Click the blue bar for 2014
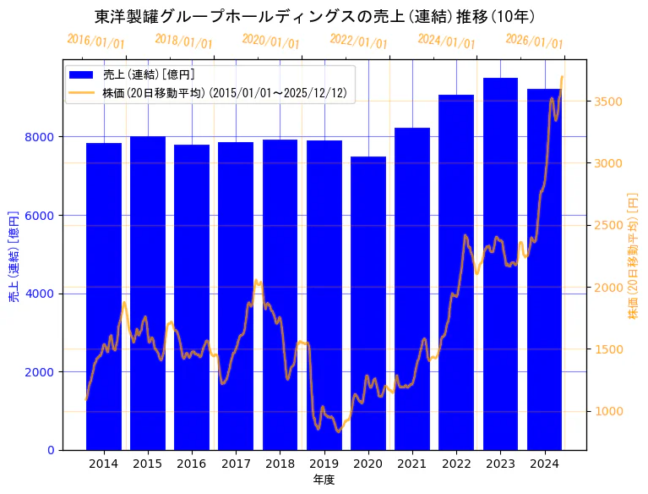[x=104, y=296]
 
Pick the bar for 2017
[x=236, y=296]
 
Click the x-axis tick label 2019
[x=324, y=464]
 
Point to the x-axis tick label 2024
[x=545, y=464]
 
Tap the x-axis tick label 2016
[x=192, y=464]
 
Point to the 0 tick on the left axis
[x=52, y=450]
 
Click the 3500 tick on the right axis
[x=609, y=102]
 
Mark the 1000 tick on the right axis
[x=609, y=411]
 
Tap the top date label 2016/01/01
[x=95, y=41]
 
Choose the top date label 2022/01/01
[x=359, y=41]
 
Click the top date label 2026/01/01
[x=535, y=41]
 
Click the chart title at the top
[x=314, y=16]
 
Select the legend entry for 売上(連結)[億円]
[x=149, y=75]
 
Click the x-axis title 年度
[x=324, y=480]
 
